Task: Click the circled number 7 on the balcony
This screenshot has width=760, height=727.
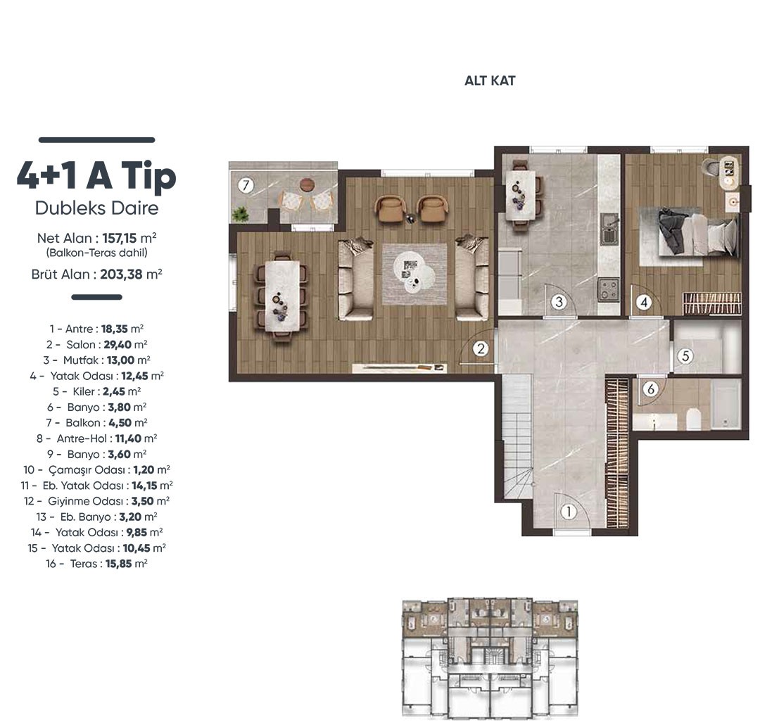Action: [246, 185]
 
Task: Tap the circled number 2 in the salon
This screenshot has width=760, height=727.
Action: [481, 348]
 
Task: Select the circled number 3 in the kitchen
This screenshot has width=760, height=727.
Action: [559, 302]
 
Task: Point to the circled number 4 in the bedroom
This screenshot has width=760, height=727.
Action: [644, 303]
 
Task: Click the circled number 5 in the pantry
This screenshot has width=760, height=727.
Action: [685, 356]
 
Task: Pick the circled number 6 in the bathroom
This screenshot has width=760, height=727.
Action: [651, 388]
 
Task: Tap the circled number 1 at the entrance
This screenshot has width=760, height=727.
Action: [569, 512]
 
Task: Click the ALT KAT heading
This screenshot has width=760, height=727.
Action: [490, 80]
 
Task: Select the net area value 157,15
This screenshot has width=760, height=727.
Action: [120, 238]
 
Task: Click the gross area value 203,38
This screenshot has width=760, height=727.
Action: [121, 274]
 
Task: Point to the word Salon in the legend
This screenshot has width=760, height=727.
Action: [81, 345]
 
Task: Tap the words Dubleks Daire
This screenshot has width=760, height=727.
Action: [97, 208]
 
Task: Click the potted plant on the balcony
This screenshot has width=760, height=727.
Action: [239, 213]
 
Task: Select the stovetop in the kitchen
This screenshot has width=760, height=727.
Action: [608, 289]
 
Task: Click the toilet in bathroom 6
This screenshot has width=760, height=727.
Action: [693, 419]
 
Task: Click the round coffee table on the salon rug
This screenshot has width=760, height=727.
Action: [414, 273]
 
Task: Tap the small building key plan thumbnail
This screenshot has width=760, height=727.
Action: [490, 658]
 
